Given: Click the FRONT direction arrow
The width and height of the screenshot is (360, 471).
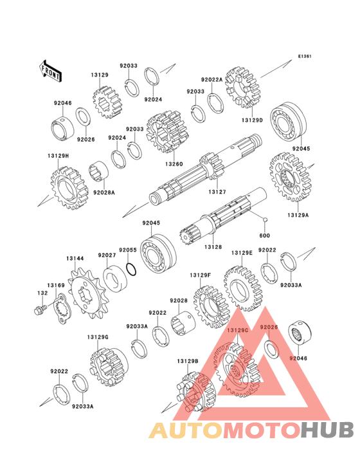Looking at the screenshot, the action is [x=51, y=71].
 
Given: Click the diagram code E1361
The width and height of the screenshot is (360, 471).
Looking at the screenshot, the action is [x=305, y=56].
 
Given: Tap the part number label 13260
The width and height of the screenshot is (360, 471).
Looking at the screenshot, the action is [x=174, y=164].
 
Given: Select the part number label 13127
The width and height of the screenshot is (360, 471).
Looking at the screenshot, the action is [x=217, y=191].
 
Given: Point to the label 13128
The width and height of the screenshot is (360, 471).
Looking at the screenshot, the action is [x=213, y=247].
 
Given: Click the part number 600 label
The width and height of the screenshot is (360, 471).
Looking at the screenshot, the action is [x=264, y=235].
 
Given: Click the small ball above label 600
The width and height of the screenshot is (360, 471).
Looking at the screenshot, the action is [x=265, y=219].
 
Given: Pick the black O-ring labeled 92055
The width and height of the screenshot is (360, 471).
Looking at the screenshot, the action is [x=131, y=268].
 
